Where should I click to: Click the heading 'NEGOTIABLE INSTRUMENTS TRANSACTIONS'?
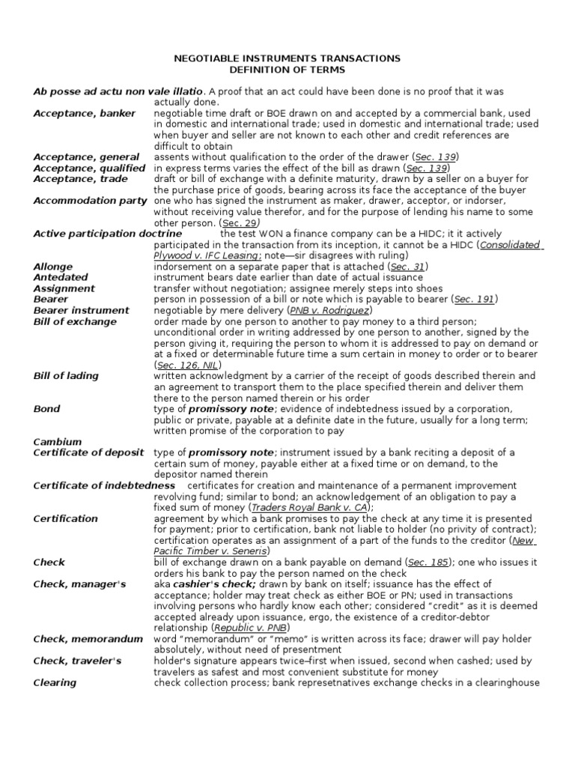pos(287,58)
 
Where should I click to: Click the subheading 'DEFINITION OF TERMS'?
pos(287,70)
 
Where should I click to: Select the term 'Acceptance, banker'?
pos(85,114)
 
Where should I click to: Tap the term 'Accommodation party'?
pos(91,201)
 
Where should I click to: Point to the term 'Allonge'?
pos(53,267)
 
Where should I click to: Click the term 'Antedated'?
pos(61,278)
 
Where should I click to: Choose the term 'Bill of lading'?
pos(66,376)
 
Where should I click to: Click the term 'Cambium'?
pos(58,442)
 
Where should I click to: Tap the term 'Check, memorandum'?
pos(88,639)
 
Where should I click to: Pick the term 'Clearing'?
pos(55,682)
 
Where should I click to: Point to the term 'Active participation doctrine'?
pos(107,234)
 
